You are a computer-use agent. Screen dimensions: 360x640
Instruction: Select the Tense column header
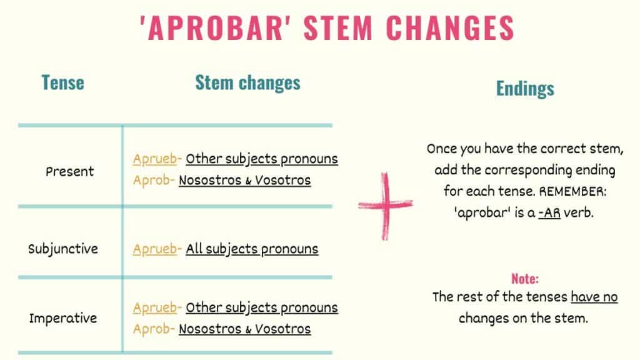click(x=62, y=82)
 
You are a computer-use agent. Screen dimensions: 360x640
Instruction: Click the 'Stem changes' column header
click(x=247, y=82)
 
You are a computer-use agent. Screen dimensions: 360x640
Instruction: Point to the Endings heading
click(x=525, y=89)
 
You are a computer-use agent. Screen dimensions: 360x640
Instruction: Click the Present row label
click(x=69, y=171)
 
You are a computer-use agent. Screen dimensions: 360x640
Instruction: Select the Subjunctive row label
click(x=63, y=249)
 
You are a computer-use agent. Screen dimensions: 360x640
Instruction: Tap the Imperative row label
click(x=63, y=318)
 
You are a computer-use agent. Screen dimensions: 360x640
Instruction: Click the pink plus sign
click(x=386, y=206)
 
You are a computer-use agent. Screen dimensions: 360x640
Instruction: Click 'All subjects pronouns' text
click(x=252, y=249)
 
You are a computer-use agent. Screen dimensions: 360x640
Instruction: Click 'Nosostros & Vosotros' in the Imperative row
click(x=244, y=329)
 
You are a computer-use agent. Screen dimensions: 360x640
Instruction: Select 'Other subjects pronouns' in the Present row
click(x=262, y=159)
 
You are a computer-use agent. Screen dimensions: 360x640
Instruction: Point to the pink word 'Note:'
click(x=525, y=279)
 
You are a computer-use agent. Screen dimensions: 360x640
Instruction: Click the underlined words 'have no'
click(x=594, y=297)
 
